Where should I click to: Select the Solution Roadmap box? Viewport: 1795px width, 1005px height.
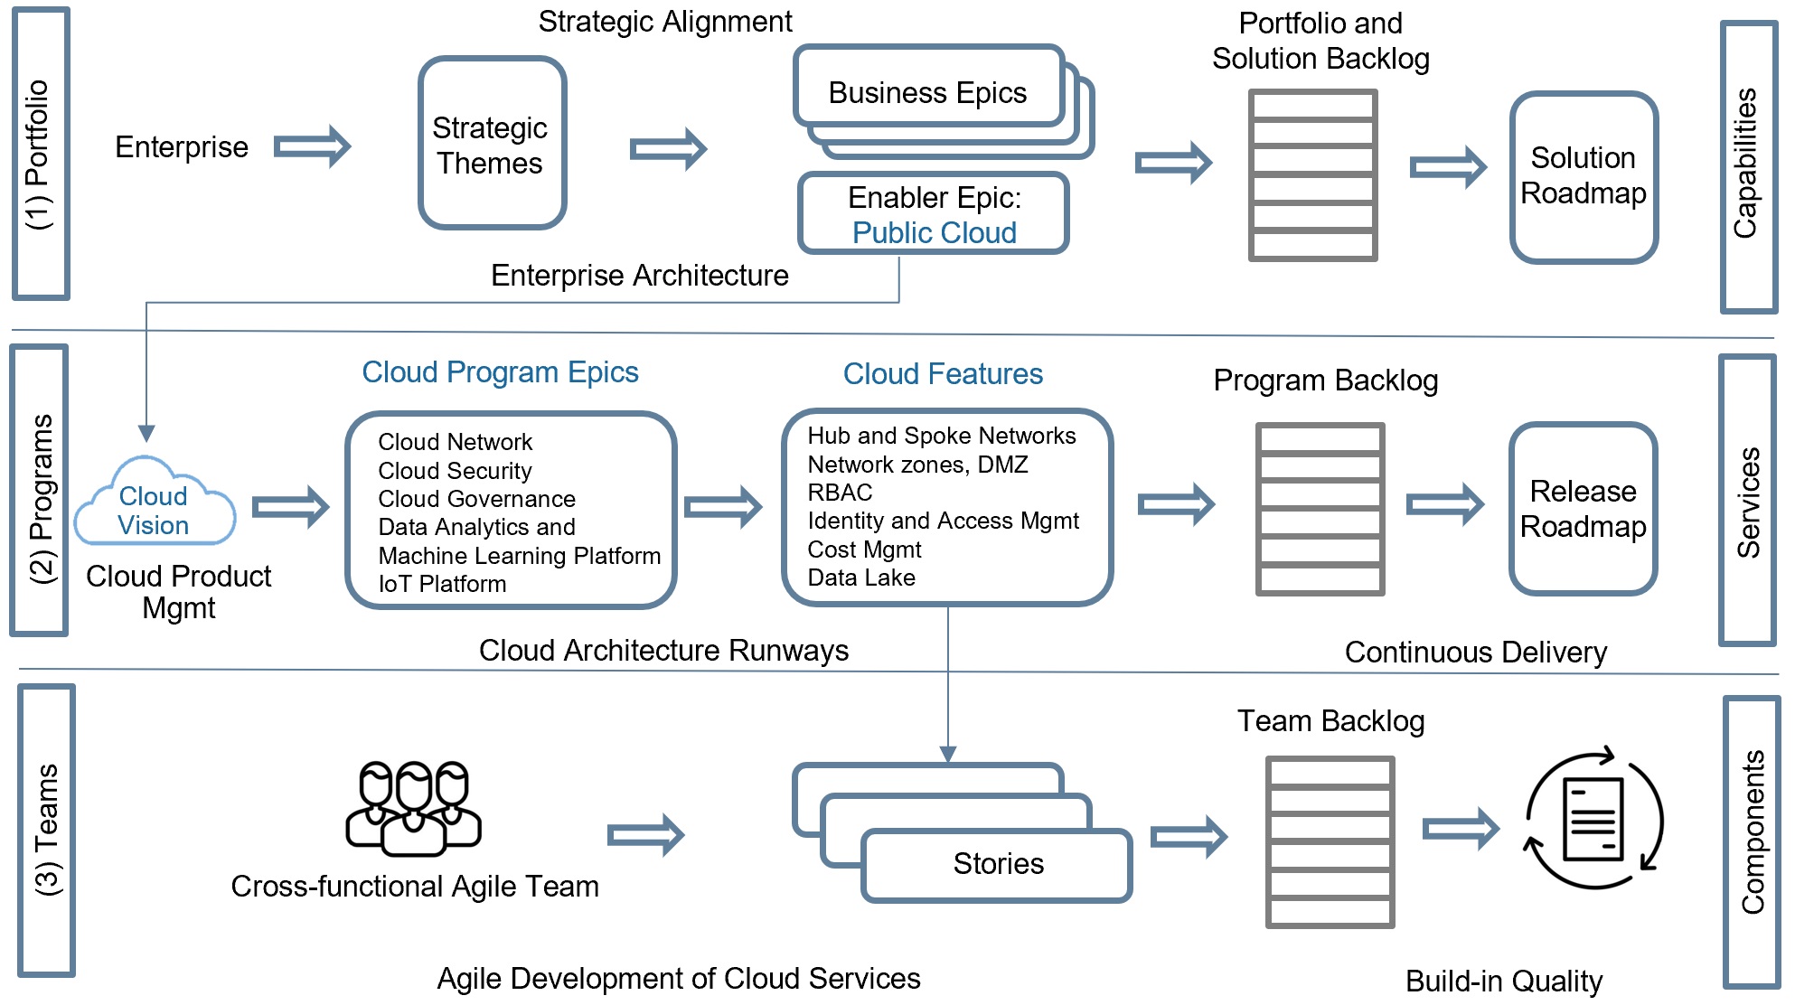pyautogui.click(x=1583, y=176)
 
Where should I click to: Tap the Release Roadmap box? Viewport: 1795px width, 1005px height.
pyautogui.click(x=1583, y=509)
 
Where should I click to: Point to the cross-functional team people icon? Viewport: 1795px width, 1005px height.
pyautogui.click(x=414, y=807)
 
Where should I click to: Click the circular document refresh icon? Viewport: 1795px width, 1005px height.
pyautogui.click(x=1594, y=819)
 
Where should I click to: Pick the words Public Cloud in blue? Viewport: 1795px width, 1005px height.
pyautogui.click(x=934, y=233)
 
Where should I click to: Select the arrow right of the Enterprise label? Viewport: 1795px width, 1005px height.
pyautogui.click(x=312, y=146)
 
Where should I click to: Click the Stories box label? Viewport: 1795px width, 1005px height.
pyautogui.click(x=998, y=864)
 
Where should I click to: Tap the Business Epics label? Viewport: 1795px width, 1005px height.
pyautogui.click(x=927, y=93)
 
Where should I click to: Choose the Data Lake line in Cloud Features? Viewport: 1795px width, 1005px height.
pyautogui.click(x=861, y=578)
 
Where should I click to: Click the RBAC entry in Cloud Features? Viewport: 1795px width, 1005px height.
pyautogui.click(x=840, y=493)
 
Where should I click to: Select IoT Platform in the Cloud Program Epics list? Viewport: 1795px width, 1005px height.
pyautogui.click(x=442, y=585)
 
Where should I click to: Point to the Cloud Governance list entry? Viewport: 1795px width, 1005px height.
pyautogui.click(x=476, y=499)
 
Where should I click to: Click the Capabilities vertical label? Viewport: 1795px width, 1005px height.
pyautogui.click(x=1746, y=164)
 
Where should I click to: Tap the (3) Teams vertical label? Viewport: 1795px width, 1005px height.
pyautogui.click(x=47, y=830)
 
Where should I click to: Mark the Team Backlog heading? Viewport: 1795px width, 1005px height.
pyautogui.click(x=1330, y=721)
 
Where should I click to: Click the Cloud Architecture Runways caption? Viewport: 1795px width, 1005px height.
pyautogui.click(x=663, y=651)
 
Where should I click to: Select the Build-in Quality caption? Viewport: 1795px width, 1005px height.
pyautogui.click(x=1504, y=982)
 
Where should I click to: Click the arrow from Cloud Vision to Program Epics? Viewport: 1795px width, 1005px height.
pyautogui.click(x=290, y=507)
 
